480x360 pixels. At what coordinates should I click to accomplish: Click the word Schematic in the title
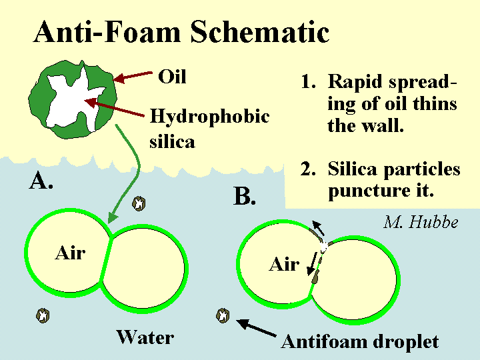pyautogui.click(x=259, y=32)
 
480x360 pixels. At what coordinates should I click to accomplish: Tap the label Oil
pyautogui.click(x=172, y=77)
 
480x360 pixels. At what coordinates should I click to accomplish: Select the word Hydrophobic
pyautogui.click(x=209, y=116)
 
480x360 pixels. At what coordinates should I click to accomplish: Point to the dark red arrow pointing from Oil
pyautogui.click(x=133, y=77)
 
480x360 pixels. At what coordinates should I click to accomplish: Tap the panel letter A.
pyautogui.click(x=41, y=180)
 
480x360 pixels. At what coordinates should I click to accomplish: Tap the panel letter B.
pyautogui.click(x=244, y=196)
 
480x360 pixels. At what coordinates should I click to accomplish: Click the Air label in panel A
pyautogui.click(x=70, y=253)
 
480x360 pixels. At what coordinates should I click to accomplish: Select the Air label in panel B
pyautogui.click(x=284, y=264)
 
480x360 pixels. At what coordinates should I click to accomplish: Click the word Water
pyautogui.click(x=145, y=337)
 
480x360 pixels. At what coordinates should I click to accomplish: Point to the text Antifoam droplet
pyautogui.click(x=360, y=341)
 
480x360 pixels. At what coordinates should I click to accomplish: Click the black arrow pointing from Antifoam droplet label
pyautogui.click(x=256, y=328)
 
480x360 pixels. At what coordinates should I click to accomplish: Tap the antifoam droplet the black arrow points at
pyautogui.click(x=223, y=315)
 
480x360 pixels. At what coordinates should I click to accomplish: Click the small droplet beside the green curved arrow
pyautogui.click(x=139, y=203)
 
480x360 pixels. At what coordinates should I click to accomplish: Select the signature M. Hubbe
pyautogui.click(x=421, y=222)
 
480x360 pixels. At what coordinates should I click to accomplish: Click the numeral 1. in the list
pyautogui.click(x=308, y=81)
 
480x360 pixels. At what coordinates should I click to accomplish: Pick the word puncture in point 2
pyautogui.click(x=367, y=191)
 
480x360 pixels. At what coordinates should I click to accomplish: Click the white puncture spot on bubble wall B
pyautogui.click(x=323, y=247)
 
